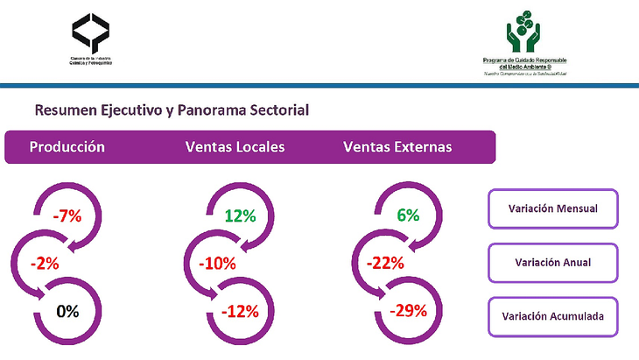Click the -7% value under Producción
pyautogui.click(x=67, y=215)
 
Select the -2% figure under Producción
pyautogui.click(x=44, y=263)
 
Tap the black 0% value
pyautogui.click(x=67, y=310)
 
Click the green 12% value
pyautogui.click(x=239, y=215)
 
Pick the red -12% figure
pyautogui.click(x=239, y=310)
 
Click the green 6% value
pyautogui.click(x=408, y=215)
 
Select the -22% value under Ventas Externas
pyautogui.click(x=386, y=263)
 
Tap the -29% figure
pyautogui.click(x=408, y=310)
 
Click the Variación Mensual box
pyautogui.click(x=552, y=208)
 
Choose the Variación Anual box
pyautogui.click(x=552, y=262)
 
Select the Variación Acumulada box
pyautogui.click(x=552, y=316)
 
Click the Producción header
pyautogui.click(x=67, y=147)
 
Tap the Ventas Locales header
pyautogui.click(x=235, y=147)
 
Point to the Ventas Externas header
pyautogui.click(x=398, y=147)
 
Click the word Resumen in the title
pyautogui.click(x=63, y=110)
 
